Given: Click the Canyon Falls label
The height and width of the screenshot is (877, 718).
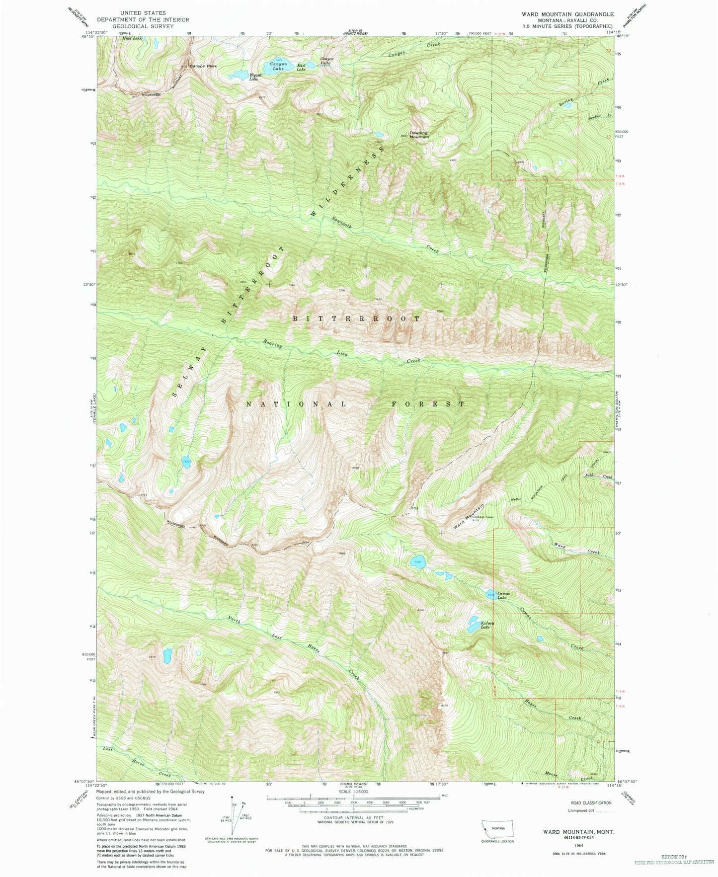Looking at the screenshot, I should (x=326, y=61).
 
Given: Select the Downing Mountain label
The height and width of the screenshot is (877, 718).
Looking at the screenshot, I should (x=418, y=135).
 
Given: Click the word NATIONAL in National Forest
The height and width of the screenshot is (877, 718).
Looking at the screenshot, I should (x=297, y=404).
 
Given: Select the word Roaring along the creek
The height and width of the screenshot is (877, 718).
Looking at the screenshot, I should (x=273, y=344).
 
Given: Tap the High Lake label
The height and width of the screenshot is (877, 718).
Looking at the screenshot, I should (x=133, y=38).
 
